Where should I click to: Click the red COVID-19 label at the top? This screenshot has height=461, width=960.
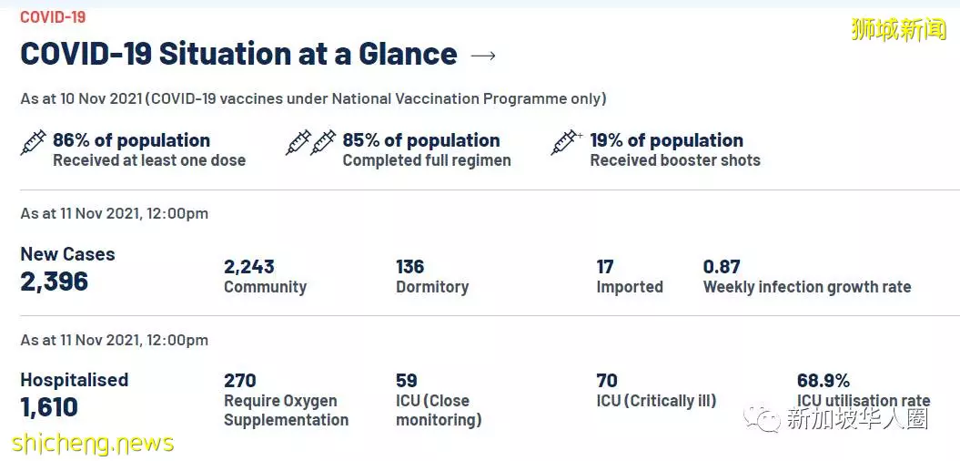coord(53,17)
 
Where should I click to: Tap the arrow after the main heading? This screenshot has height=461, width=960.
coord(483,56)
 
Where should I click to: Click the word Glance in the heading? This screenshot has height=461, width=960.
coord(408,54)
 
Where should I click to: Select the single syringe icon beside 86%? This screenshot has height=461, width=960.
coord(33,142)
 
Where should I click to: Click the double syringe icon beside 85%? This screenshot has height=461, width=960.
coord(311,142)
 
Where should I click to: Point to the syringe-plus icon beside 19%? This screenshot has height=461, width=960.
coord(566,142)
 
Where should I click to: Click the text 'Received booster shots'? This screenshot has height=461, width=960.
coord(674,160)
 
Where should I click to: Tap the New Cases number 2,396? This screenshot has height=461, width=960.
coord(55,282)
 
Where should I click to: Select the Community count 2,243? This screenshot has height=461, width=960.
coord(249,267)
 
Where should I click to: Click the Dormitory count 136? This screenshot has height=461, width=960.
coord(410,267)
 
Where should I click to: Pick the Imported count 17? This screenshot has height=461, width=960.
coord(605,267)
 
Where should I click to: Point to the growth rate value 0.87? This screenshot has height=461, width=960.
coord(722,267)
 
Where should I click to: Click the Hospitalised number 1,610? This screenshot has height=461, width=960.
coord(49,407)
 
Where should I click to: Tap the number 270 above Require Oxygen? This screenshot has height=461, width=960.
coord(240,381)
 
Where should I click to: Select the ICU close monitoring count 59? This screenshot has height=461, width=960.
coord(407,381)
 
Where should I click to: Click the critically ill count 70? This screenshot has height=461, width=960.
coord(607,381)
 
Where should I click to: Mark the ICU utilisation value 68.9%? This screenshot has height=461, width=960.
coord(824,381)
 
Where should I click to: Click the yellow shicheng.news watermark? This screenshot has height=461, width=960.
coord(93,443)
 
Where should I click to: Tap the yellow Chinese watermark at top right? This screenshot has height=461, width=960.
coord(899,28)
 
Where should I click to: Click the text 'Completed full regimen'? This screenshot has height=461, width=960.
coord(427,160)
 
